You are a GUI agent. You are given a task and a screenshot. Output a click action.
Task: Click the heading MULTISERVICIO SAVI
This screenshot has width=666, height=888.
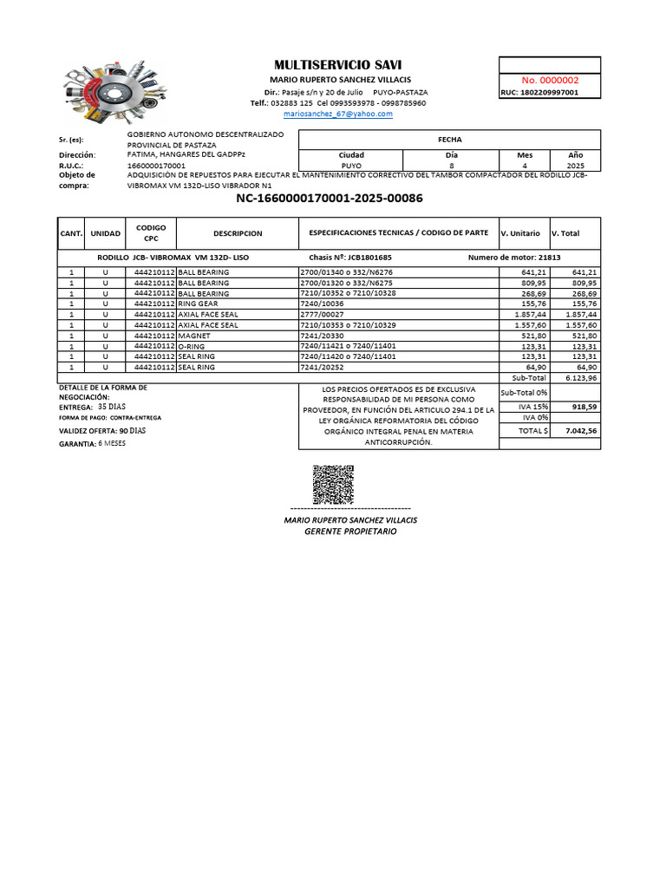tap(337, 65)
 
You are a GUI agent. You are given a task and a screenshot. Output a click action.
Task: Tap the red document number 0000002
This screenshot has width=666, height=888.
tap(550, 80)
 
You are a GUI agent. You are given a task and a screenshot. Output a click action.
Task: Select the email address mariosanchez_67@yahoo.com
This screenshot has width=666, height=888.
tap(338, 114)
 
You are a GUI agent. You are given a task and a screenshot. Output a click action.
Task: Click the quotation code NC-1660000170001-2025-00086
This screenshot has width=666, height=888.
tap(329, 199)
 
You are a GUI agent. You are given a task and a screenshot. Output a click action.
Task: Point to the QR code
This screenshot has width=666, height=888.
tap(333, 485)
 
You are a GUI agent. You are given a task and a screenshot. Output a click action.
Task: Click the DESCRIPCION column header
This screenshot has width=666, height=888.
tap(238, 233)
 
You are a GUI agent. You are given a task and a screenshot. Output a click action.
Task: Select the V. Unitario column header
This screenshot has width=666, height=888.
tap(520, 233)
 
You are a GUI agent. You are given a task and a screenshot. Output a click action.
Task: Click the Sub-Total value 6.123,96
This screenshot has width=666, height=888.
tap(580, 378)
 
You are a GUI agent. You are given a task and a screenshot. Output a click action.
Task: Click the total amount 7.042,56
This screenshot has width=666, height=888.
tap(580, 430)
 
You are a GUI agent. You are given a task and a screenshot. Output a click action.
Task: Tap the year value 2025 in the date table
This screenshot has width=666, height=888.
tap(575, 164)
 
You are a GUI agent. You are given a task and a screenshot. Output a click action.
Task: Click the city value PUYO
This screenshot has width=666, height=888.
tap(352, 164)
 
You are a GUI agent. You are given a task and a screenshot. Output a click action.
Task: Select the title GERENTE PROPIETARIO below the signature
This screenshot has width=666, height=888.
tap(350, 531)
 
